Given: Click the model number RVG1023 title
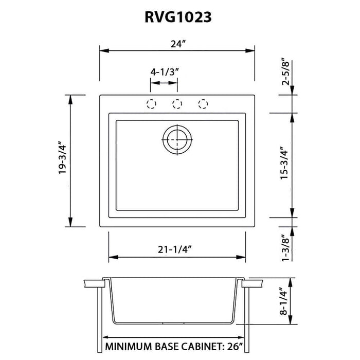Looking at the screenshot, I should pyautogui.click(x=177, y=17).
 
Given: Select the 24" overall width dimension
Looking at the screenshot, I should pyautogui.click(x=177, y=44).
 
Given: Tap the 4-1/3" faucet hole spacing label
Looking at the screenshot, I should pyautogui.click(x=164, y=72).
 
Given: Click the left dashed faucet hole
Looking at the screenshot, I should pyautogui.click(x=151, y=104).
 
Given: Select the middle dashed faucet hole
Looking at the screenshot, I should pyautogui.click(x=177, y=104).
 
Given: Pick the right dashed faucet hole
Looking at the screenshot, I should pyautogui.click(x=203, y=104).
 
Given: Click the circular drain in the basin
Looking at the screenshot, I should pyautogui.click(x=177, y=138).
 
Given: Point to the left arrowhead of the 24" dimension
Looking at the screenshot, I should pyautogui.click(x=103, y=50).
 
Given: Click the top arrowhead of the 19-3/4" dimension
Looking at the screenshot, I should pyautogui.click(x=69, y=99).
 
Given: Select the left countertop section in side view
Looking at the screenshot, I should pyautogui.click(x=93, y=283).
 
